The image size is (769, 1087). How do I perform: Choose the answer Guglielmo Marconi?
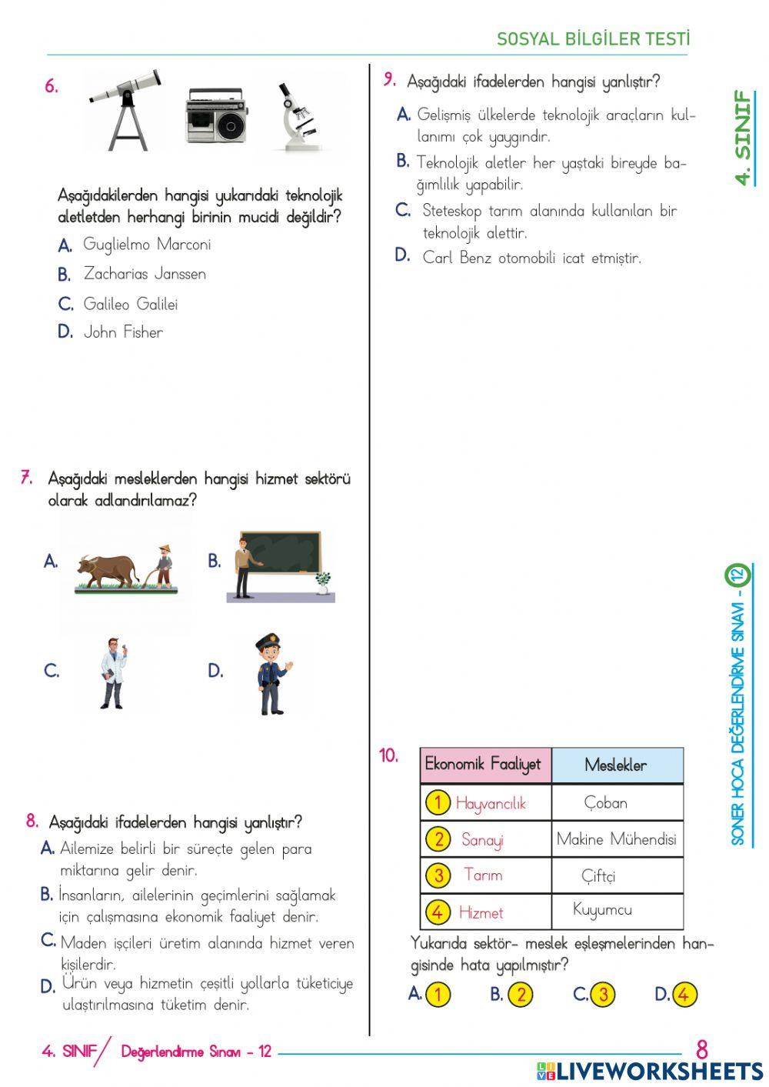(x=146, y=245)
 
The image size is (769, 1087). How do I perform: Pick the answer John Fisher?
(x=123, y=332)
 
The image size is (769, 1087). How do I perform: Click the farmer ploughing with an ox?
(x=127, y=570)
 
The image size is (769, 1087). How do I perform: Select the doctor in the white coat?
(x=113, y=672)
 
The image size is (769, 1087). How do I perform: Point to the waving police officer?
(x=271, y=674)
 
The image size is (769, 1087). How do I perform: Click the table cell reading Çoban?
(x=606, y=803)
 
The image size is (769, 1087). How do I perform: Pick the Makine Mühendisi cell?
(x=617, y=839)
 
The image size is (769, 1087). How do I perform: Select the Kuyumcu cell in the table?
(x=602, y=910)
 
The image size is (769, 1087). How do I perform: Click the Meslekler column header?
(x=616, y=765)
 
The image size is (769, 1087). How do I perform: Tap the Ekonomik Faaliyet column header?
(x=483, y=765)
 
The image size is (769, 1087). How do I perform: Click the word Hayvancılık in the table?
(x=491, y=804)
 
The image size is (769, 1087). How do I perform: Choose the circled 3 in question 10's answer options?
(x=603, y=995)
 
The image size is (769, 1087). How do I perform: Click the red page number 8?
(x=701, y=1049)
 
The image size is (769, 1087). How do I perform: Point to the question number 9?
(x=390, y=79)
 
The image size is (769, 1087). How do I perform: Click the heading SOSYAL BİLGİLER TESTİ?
(x=593, y=39)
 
